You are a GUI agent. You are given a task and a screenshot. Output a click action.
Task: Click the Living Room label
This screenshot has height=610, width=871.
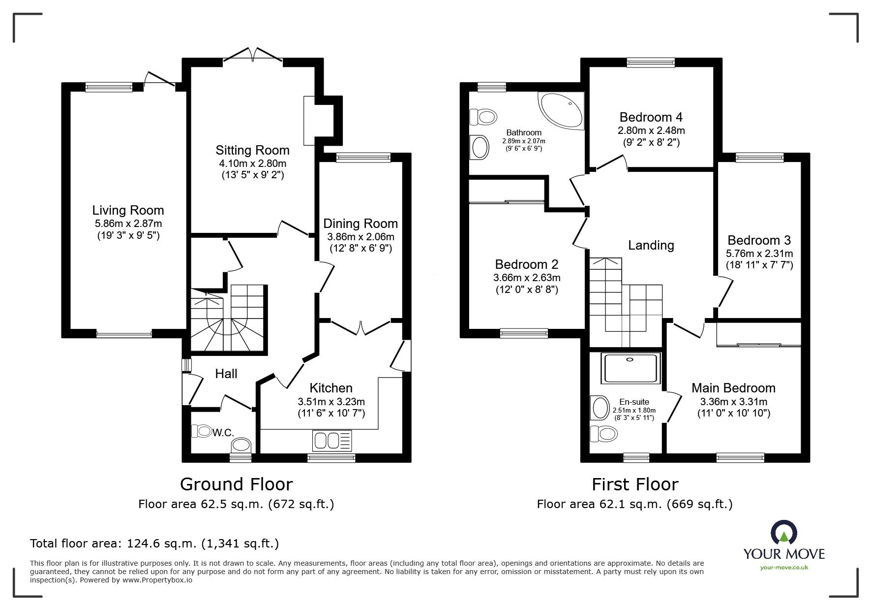point(128,210)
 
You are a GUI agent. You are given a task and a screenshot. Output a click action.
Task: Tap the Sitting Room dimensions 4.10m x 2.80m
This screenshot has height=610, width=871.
point(252,163)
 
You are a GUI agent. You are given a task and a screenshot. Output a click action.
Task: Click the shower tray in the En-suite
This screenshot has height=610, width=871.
point(631,369)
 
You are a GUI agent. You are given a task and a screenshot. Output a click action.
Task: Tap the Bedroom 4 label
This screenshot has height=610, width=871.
point(651,117)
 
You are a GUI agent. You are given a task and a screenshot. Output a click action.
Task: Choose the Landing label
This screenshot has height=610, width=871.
point(651,245)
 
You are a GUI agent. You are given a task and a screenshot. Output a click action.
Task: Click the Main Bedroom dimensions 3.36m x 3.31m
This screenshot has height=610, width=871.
point(733,401)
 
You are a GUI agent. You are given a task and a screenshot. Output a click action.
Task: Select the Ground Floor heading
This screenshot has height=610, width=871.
point(236,484)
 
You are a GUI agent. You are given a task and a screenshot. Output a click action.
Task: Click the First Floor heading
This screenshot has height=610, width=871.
point(634,484)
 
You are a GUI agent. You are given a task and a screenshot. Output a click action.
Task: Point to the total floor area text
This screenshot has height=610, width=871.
point(154,544)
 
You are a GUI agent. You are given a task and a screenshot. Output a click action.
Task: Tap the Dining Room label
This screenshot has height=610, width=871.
point(360,224)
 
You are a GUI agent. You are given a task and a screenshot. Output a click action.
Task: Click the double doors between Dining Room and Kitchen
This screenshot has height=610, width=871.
point(361,327)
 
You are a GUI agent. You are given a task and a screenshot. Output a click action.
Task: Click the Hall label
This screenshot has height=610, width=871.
point(226,374)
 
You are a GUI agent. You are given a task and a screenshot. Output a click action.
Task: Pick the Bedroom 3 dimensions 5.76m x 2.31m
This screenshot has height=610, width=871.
point(759,254)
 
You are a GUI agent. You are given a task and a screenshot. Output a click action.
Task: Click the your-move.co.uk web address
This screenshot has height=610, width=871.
point(784,568)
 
